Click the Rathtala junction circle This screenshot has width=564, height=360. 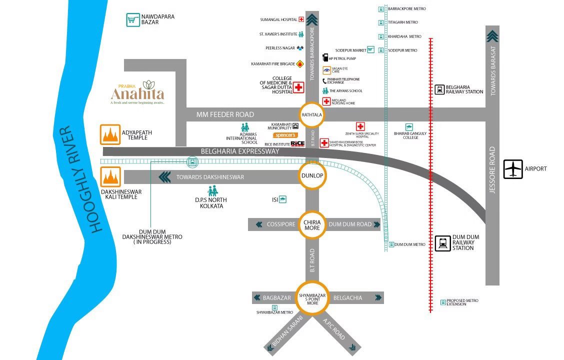pyautogui.click(x=311, y=115)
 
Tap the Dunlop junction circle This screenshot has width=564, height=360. pyautogui.click(x=312, y=176)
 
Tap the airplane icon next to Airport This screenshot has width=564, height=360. pyautogui.click(x=513, y=169)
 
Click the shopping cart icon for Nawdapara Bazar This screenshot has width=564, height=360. pyautogui.click(x=132, y=20)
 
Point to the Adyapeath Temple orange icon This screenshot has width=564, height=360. pyautogui.click(x=110, y=134)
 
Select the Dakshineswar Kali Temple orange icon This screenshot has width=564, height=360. pyautogui.click(x=110, y=177)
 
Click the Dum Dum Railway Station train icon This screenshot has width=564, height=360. pyautogui.click(x=442, y=243)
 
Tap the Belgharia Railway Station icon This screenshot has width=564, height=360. pyautogui.click(x=439, y=89)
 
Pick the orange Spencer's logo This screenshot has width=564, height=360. pyautogui.click(x=285, y=135)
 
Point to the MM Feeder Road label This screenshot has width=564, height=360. pyautogui.click(x=225, y=114)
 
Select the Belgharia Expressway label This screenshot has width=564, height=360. pyautogui.click(x=240, y=151)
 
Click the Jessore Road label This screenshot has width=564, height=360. pyautogui.click(x=492, y=170)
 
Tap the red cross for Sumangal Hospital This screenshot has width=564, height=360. pyautogui.click(x=301, y=20)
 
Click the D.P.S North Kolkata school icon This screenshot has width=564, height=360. pyautogui.click(x=212, y=191)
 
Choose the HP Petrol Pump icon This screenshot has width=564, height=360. pyautogui.click(x=325, y=58)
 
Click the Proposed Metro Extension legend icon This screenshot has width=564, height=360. pyautogui.click(x=443, y=302)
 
